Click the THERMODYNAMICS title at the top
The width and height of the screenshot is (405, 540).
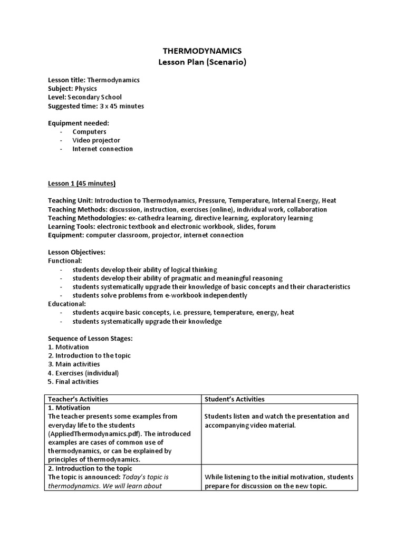[x=202, y=51]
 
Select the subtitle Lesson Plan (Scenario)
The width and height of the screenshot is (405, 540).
[x=202, y=62]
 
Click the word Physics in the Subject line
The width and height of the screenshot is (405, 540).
[x=86, y=89]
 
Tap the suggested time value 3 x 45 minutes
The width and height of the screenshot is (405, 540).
[x=121, y=106]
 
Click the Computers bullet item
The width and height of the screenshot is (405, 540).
[x=89, y=132]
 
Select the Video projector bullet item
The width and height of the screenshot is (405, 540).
[x=96, y=140]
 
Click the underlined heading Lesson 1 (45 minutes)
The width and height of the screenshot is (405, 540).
[x=82, y=184]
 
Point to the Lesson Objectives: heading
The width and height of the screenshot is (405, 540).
[x=76, y=252]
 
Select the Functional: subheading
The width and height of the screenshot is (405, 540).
[x=65, y=261]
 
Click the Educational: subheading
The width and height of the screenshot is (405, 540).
[x=67, y=304]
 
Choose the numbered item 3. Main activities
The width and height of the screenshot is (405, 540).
[x=74, y=364]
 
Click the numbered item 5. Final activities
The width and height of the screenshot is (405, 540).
[x=73, y=381]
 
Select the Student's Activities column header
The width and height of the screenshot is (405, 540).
[x=235, y=399]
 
